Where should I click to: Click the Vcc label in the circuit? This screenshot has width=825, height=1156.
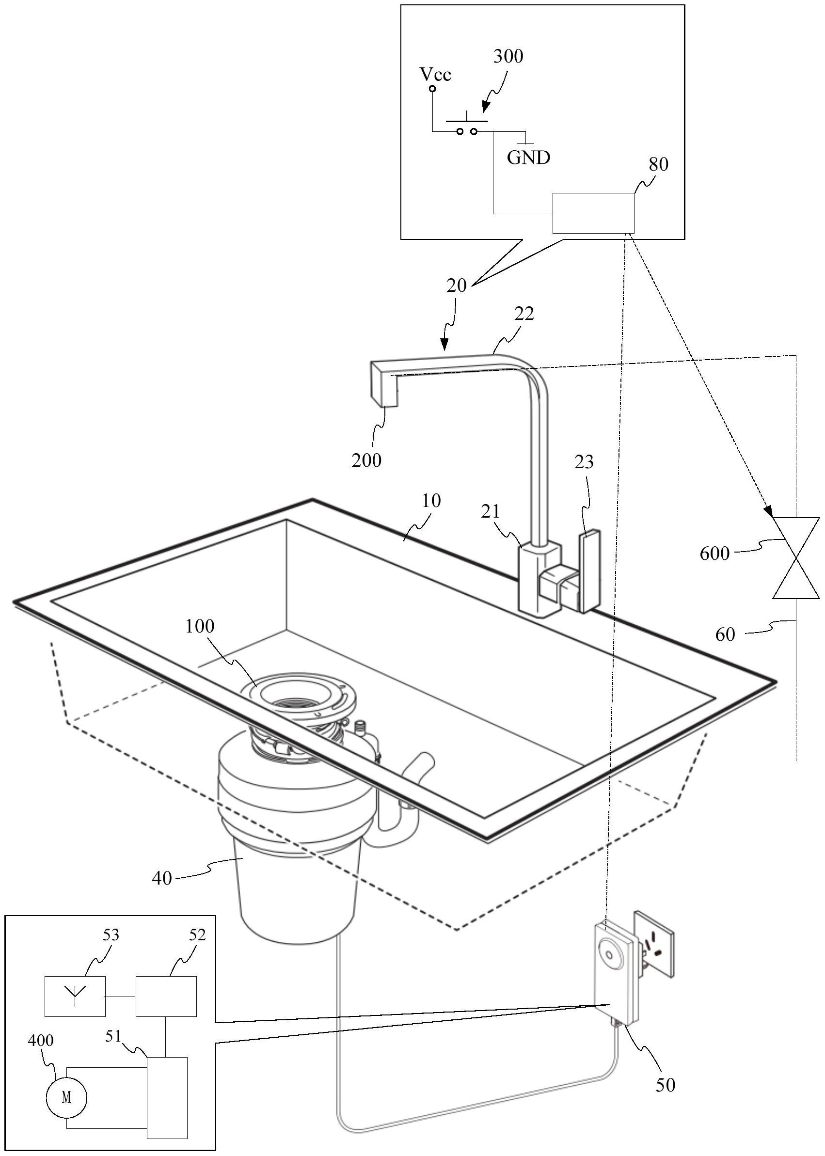(435, 75)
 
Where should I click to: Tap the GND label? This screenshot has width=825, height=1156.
(528, 158)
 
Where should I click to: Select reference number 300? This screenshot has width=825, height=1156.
(508, 56)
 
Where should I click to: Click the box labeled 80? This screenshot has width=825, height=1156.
(593, 213)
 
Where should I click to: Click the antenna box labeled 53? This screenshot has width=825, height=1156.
(75, 996)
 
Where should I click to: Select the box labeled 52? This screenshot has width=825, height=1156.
(166, 996)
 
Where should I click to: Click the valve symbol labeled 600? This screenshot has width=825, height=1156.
(795, 558)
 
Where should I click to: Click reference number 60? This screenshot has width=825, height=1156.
(725, 634)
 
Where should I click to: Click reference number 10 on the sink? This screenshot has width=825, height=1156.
(431, 501)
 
